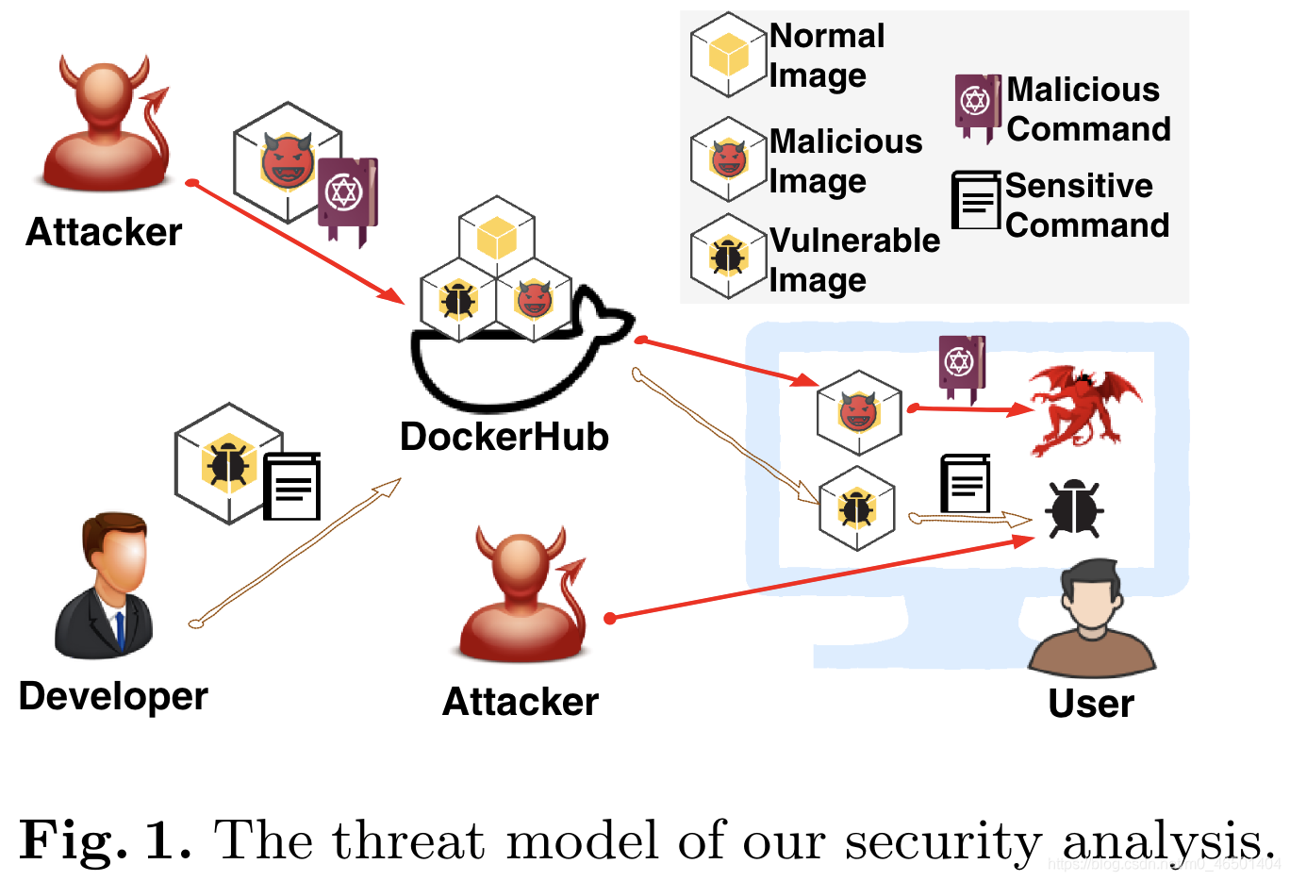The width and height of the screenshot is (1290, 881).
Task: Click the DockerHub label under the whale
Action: coord(504,437)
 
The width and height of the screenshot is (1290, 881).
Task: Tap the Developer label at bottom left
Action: coord(113,696)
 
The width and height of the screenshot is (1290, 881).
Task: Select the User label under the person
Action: coord(1091,704)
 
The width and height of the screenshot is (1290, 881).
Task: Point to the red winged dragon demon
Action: coord(1084,410)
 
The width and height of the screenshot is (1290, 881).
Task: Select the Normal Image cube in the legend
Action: coord(728,56)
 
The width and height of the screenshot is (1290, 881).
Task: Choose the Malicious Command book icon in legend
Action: coord(977,105)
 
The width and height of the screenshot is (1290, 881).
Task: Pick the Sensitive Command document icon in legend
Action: coord(976,200)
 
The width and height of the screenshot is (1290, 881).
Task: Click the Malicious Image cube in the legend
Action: coord(728,159)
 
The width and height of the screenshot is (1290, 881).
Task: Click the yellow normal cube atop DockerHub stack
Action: coord(497,237)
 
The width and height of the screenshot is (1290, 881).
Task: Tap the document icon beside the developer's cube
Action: coord(292,487)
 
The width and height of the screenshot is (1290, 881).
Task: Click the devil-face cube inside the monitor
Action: coord(858,411)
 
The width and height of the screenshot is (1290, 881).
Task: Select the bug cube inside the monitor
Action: coord(856,508)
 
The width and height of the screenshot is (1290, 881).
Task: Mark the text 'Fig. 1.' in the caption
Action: coord(105,839)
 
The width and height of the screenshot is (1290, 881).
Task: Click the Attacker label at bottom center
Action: coord(521,702)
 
